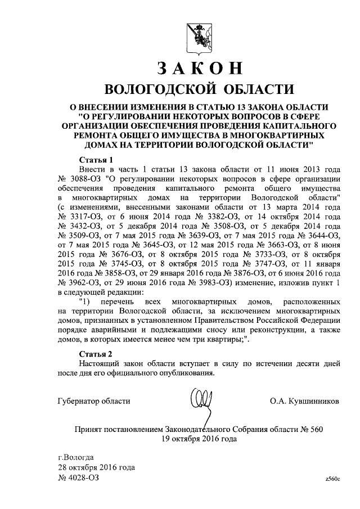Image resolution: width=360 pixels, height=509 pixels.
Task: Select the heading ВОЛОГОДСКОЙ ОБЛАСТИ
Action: pyautogui.click(x=199, y=90)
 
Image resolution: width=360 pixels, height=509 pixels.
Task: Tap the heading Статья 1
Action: pyautogui.click(x=97, y=159)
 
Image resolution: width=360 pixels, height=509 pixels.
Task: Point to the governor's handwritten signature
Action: pyautogui.click(x=200, y=402)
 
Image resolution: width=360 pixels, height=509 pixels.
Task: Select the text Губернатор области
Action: pyautogui.click(x=94, y=401)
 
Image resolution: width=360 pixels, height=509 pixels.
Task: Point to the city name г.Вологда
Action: pyautogui.click(x=76, y=456)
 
